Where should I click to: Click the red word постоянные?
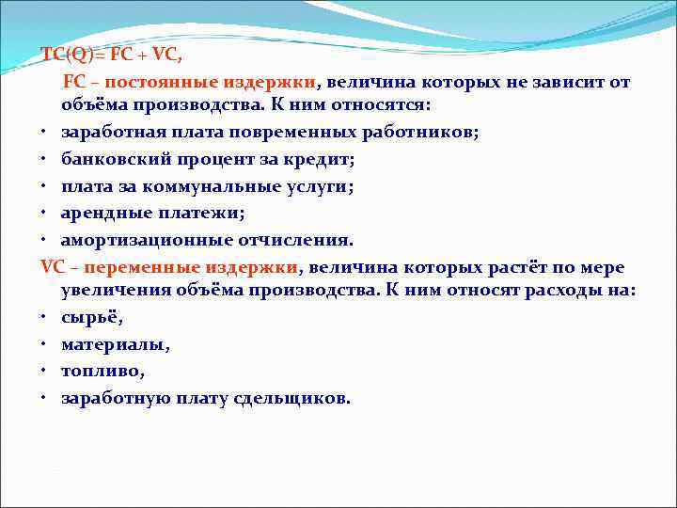[144, 81]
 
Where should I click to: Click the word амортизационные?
[140, 239]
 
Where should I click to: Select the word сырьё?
[90, 318]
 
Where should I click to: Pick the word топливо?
[102, 371]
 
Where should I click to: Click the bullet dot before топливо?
[45, 372]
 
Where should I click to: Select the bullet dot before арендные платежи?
[45, 214]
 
